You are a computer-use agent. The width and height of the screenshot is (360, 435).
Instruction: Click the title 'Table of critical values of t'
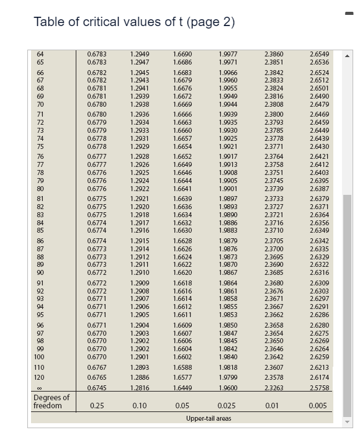[x=134, y=22]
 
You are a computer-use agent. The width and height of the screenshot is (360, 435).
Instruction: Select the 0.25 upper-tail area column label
[x=97, y=406]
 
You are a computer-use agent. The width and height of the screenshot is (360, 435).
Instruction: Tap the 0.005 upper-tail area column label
[x=317, y=406]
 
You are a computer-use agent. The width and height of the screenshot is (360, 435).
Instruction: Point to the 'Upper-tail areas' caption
[x=209, y=418]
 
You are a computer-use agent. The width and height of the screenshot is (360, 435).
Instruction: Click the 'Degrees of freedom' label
[x=52, y=401]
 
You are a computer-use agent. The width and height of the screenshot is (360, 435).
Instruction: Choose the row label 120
[x=40, y=377]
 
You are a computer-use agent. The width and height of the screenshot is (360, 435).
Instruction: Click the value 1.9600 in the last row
[x=227, y=388]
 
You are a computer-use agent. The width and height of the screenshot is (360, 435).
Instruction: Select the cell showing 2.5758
[x=317, y=388]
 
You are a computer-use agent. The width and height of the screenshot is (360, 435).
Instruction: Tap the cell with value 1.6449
[x=182, y=388]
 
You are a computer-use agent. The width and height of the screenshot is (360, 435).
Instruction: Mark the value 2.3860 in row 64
[x=273, y=55]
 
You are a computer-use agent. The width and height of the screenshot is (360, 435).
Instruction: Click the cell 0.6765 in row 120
[x=97, y=377]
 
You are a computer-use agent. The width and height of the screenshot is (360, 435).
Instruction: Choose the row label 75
[x=40, y=146]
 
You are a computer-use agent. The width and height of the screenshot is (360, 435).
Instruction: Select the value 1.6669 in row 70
[x=182, y=104]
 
